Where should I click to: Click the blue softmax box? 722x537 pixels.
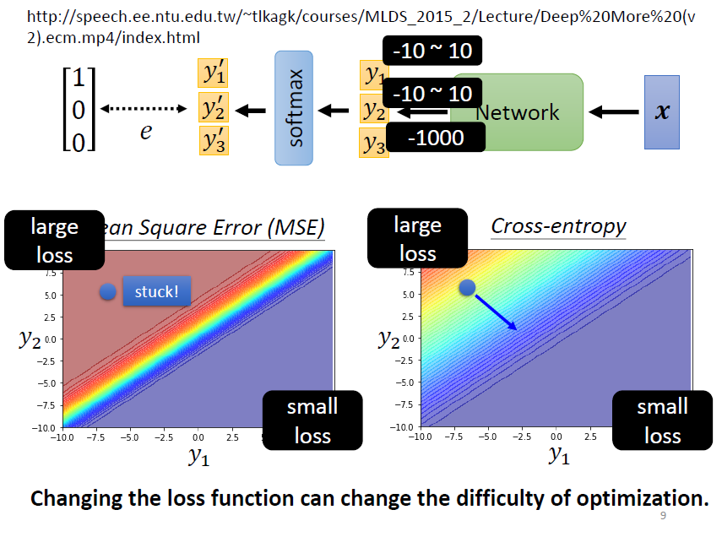293,108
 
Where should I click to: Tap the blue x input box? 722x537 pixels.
662,111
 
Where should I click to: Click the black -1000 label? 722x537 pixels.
436,137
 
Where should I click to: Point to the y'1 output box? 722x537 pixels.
214,73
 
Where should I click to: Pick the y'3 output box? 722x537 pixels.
214,140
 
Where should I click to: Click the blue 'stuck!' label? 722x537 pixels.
156,292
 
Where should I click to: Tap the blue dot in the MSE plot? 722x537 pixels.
107,292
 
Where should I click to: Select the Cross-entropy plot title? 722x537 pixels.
558,226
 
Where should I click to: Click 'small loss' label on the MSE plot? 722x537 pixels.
312,420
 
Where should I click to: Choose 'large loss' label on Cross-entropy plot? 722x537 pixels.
417,239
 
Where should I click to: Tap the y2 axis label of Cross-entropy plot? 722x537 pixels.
388,339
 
